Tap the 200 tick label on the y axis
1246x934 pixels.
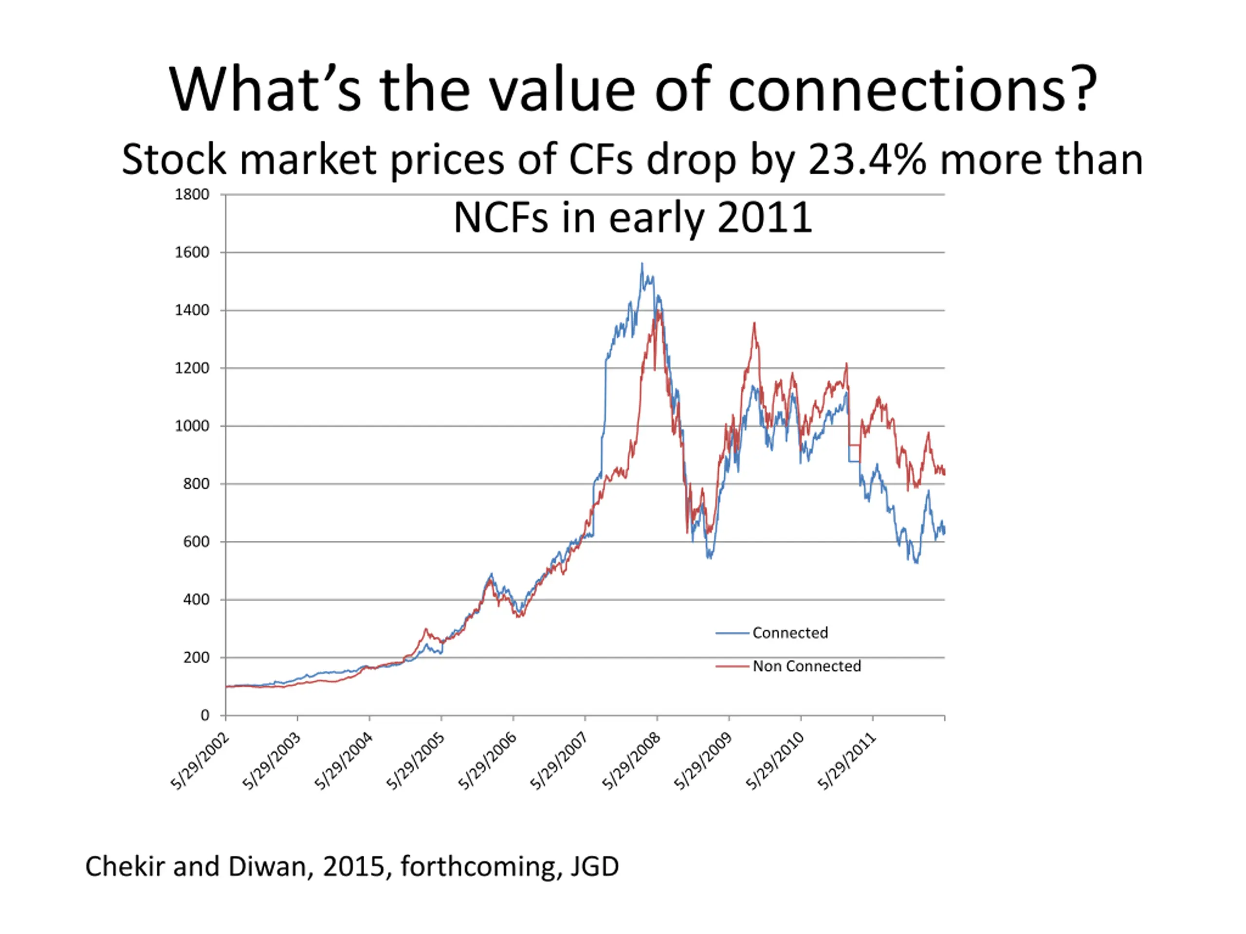196,657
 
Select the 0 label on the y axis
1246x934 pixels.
204,715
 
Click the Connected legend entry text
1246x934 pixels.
790,633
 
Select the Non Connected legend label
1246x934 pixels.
806,666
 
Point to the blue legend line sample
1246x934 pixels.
732,633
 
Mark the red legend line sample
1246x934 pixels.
732,666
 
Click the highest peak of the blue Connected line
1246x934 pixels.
641,264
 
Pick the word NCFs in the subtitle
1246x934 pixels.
500,218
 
